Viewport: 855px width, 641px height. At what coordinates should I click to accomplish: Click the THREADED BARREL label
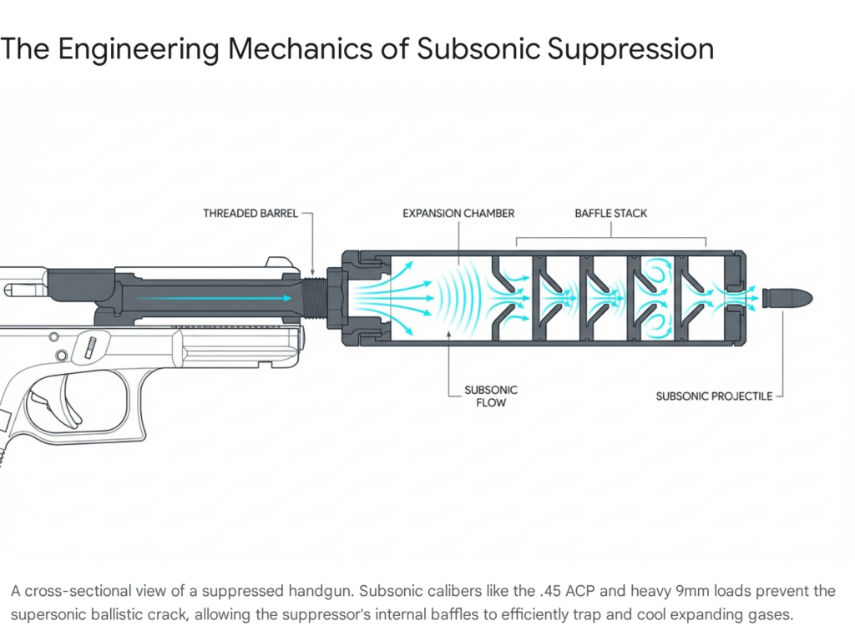(250, 214)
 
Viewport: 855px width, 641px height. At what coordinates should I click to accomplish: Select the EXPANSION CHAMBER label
(458, 214)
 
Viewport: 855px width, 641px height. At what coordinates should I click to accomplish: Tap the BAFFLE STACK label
(610, 214)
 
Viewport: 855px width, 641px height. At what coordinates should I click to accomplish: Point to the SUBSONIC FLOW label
(491, 396)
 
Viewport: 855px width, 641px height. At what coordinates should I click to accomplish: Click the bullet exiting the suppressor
(787, 298)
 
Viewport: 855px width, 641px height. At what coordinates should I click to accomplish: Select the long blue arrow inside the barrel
(213, 298)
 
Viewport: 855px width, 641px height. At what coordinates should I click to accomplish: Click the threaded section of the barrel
(314, 298)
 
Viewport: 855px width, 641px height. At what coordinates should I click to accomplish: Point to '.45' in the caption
(546, 592)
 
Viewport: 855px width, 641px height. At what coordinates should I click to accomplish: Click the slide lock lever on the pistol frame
(93, 346)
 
